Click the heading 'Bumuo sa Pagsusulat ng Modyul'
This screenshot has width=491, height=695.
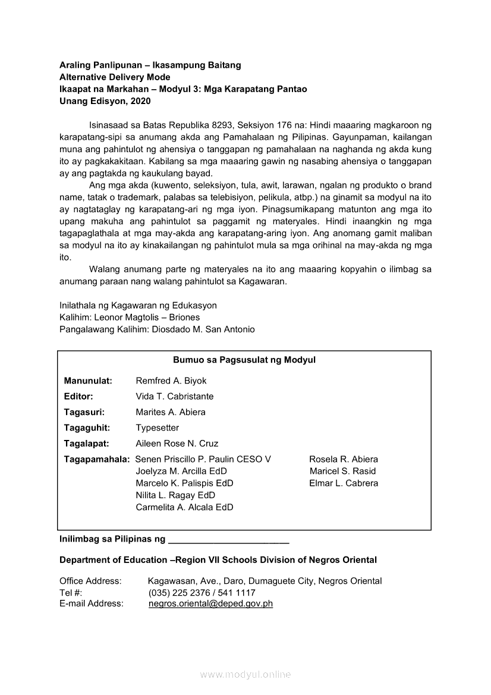244,360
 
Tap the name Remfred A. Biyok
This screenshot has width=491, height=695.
171,381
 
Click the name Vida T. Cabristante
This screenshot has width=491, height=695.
175,397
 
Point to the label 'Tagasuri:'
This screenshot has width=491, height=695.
84,412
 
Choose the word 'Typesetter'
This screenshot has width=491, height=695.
157,428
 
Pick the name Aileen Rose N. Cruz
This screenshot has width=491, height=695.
177,444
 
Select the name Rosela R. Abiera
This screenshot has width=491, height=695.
344,460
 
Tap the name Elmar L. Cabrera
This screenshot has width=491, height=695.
344,483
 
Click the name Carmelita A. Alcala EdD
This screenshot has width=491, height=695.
184,507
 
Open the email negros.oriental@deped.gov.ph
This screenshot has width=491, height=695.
210,603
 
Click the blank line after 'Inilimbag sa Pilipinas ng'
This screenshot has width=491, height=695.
229,540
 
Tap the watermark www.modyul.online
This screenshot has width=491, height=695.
245,674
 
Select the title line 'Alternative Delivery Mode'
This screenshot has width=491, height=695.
115,77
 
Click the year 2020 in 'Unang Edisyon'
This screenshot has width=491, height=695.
141,101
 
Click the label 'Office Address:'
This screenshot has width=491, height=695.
90,581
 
